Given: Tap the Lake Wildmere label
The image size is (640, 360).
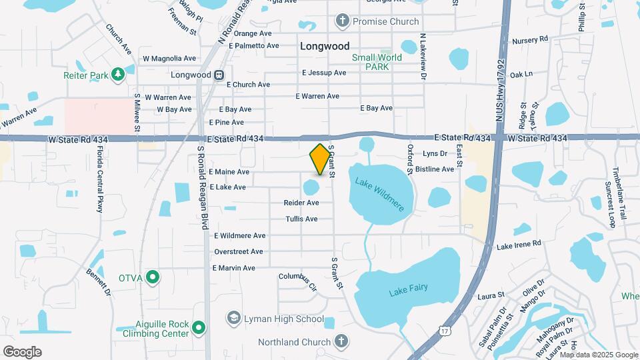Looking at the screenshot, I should (x=380, y=194).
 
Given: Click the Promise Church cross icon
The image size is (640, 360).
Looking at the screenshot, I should (x=343, y=21).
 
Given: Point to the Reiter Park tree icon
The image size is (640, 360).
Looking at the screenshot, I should (x=119, y=73).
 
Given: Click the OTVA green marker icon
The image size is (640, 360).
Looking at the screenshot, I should (x=153, y=277).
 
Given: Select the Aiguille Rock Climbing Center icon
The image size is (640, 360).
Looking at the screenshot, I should (x=198, y=327).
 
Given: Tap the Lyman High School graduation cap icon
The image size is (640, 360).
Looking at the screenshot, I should (x=234, y=319).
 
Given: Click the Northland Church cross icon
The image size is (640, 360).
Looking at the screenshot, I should (x=341, y=342).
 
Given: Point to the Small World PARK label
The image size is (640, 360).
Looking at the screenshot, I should (x=377, y=62).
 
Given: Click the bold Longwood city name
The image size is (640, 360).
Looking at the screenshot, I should (x=325, y=47).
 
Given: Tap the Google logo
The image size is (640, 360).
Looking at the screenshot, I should (x=22, y=351).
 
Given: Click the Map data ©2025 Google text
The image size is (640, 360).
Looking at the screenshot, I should (x=603, y=353).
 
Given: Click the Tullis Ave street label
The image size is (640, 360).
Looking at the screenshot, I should (x=301, y=219).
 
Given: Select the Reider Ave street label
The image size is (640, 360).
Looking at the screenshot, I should (x=301, y=203).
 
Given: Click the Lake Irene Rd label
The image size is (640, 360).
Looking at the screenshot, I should (x=519, y=245).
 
